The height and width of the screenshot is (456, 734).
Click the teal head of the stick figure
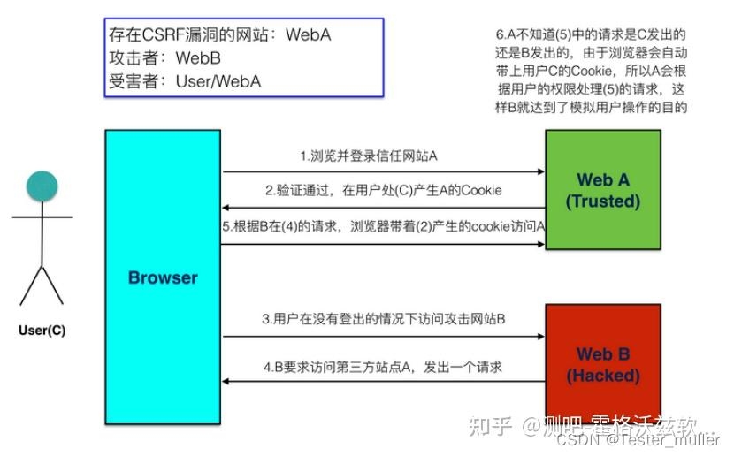42,186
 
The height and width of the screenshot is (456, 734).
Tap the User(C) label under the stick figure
42,331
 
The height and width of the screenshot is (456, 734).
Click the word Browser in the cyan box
163,277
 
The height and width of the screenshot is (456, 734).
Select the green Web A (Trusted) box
602,190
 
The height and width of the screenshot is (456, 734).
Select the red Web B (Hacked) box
602,363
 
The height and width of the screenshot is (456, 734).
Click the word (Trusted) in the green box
602,201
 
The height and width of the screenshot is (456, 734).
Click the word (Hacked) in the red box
602,376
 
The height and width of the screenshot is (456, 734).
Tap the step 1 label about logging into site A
369,156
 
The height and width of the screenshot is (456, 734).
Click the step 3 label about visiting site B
382,319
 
